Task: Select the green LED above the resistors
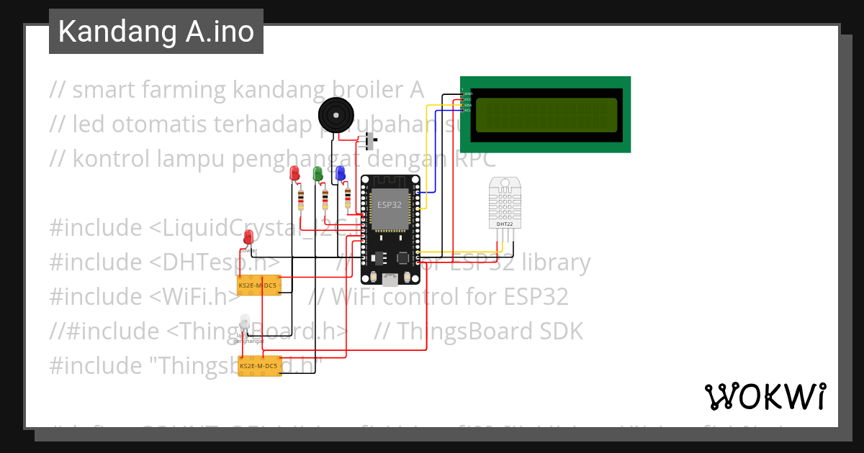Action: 317,173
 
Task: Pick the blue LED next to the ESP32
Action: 340,173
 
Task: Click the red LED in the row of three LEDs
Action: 294,173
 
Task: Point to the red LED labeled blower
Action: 248,237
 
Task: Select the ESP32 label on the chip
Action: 390,205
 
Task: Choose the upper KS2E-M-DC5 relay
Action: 258,285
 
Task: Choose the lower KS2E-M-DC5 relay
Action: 258,366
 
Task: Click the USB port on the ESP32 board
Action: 390,281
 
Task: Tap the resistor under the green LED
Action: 325,197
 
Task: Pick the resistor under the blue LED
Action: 348,196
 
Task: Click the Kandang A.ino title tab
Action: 156,32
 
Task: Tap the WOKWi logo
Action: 765,396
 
